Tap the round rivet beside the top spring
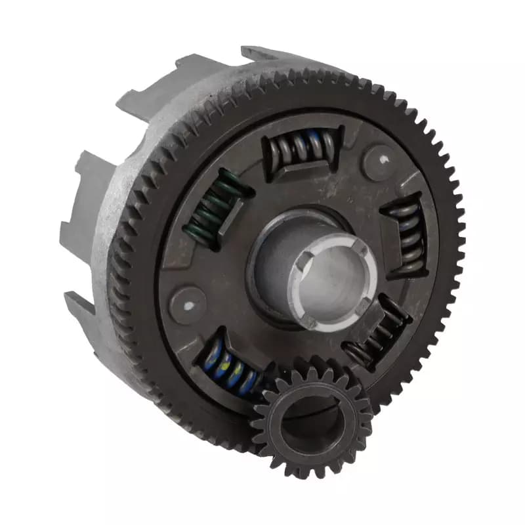pyautogui.click(x=381, y=159)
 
